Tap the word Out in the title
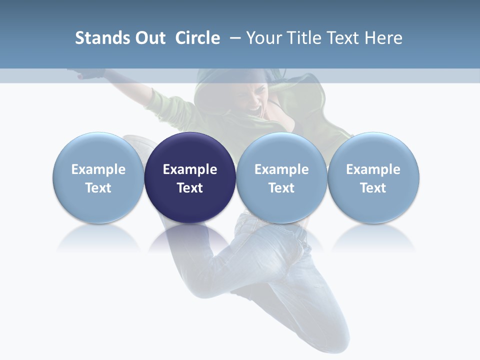click(x=149, y=38)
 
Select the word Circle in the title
click(x=197, y=38)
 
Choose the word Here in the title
click(x=382, y=38)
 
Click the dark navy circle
click(x=190, y=177)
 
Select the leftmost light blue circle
click(x=98, y=177)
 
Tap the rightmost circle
click(x=373, y=177)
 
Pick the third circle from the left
click(x=281, y=177)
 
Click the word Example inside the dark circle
click(x=190, y=169)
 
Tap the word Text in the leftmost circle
click(x=98, y=188)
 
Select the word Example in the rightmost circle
click(x=373, y=169)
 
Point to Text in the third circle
click(x=281, y=188)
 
